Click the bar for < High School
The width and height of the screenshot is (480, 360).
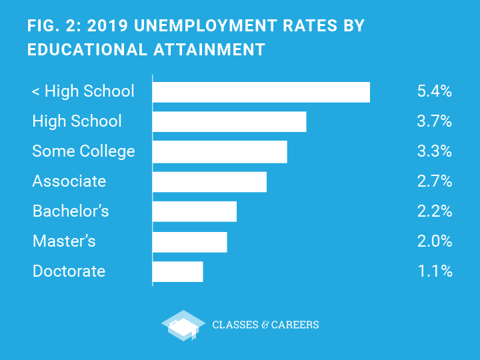(261, 92)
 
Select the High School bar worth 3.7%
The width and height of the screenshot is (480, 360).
(229, 121)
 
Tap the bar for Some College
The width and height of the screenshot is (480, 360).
(219, 151)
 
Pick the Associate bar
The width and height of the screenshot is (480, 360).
(209, 181)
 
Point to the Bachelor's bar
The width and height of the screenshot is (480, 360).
(194, 211)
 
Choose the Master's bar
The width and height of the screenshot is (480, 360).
(189, 241)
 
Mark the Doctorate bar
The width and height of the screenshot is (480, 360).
(177, 271)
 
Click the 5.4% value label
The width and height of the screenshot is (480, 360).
(434, 92)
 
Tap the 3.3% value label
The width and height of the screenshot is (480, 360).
(434, 151)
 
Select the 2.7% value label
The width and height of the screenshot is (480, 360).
(434, 181)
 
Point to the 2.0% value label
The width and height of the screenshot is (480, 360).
(434, 241)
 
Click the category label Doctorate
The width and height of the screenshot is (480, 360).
(69, 271)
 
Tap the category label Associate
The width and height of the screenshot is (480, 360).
(69, 181)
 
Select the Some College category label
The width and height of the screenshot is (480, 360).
(83, 151)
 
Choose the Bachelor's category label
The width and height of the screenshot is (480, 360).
(71, 211)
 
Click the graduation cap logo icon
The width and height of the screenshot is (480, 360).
(183, 325)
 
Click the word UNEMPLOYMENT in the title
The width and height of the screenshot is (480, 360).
(204, 26)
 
